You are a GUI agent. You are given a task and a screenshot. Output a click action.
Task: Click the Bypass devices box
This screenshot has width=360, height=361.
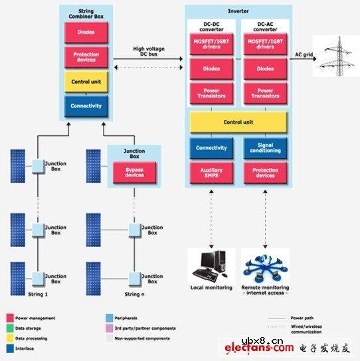[x=135, y=172]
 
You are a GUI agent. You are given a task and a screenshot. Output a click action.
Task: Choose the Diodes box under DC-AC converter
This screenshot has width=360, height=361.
[x=265, y=68]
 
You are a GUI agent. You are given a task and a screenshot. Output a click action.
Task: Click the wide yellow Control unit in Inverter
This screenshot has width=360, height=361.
[x=238, y=122]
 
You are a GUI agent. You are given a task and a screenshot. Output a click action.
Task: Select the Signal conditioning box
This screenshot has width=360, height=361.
[x=265, y=148]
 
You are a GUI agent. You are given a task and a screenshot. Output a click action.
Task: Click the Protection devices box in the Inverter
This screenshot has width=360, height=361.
[x=265, y=173]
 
